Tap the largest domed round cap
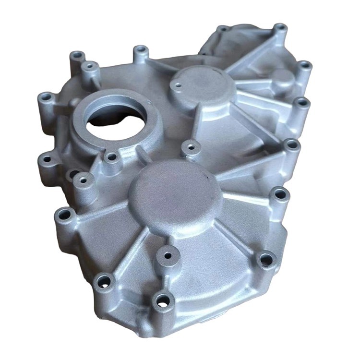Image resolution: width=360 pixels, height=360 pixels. point(175,197)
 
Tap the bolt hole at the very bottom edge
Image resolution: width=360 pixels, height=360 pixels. point(162,300)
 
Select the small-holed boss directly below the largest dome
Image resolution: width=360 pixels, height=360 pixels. point(168,255)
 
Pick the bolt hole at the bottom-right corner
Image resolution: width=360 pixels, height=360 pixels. point(266,260)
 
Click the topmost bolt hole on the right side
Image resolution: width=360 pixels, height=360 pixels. point(280,28)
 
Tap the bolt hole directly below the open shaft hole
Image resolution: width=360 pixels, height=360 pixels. point(111,157)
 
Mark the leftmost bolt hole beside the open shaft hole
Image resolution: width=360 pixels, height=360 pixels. point(46,97)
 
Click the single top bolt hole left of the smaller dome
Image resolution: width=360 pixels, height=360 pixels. point(140,50)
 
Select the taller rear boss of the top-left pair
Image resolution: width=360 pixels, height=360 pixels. point(77,56)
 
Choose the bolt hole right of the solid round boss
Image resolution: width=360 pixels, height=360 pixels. point(304,65)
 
